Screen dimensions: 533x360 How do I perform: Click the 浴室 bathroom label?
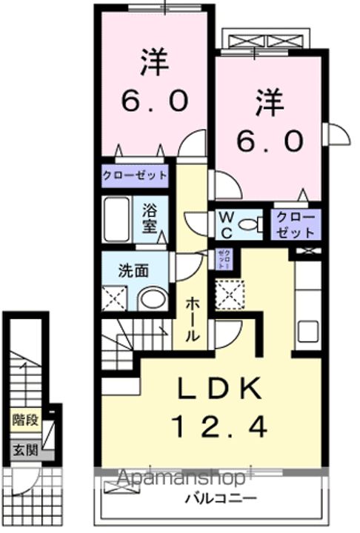point(150,218)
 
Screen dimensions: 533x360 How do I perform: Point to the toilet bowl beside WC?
point(252,225)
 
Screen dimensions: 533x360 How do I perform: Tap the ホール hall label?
point(192,318)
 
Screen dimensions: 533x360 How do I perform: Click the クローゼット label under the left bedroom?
point(136,176)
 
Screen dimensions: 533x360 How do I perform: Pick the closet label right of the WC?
point(295,225)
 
